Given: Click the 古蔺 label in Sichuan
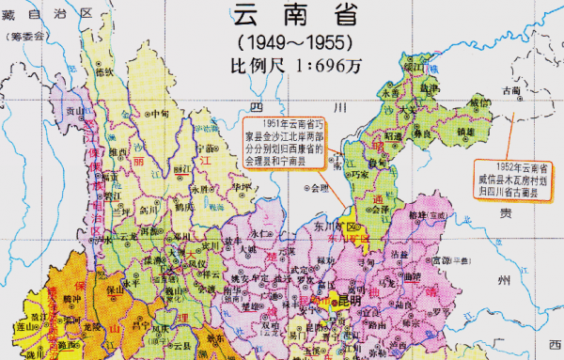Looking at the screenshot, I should pos(510,91).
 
